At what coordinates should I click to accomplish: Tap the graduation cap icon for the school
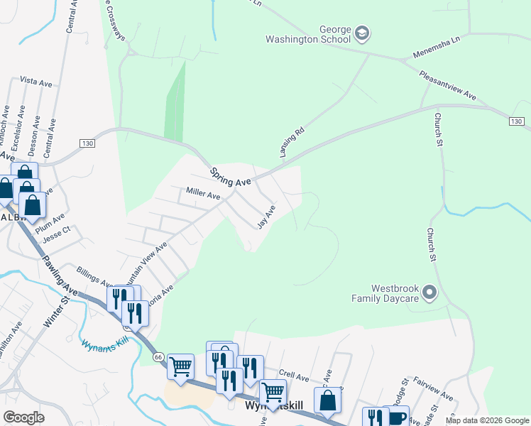point(362,33)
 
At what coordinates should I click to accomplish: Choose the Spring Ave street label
point(231,177)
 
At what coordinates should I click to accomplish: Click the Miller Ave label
point(203,192)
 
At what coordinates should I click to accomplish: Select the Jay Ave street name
point(265,217)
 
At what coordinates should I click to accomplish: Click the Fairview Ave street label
point(433,390)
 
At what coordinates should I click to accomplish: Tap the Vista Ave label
point(36,82)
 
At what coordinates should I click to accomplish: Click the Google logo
point(23,417)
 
